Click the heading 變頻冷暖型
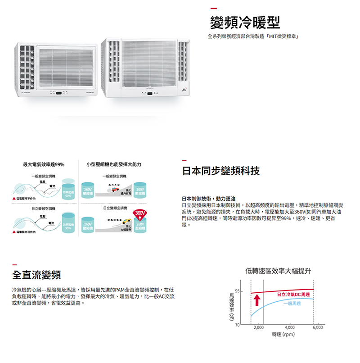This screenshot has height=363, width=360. pyautogui.click(x=245, y=21)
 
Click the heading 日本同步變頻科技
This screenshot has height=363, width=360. pyautogui.click(x=221, y=171)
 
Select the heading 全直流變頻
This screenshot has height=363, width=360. pyautogui.click(x=36, y=275)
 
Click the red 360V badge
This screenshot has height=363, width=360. pyautogui.click(x=139, y=213)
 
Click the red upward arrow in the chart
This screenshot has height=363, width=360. pyautogui.click(x=257, y=299)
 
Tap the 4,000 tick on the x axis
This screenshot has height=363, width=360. pyautogui.click(x=289, y=327)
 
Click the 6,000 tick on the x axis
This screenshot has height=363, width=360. pyautogui.click(x=318, y=327)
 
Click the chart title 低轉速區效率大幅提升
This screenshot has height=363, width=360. pyautogui.click(x=279, y=271)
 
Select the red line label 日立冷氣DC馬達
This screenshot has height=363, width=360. pyautogui.click(x=293, y=294)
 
